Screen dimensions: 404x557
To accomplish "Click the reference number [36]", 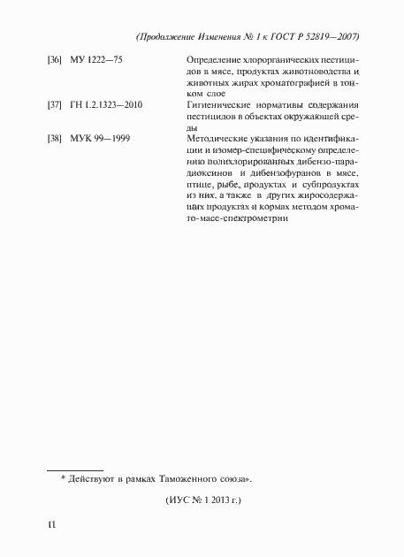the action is (x=53, y=60).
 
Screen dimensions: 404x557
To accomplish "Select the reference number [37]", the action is (x=53, y=105).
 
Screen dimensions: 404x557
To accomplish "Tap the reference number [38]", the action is (x=53, y=139).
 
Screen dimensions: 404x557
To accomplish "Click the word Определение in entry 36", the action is (x=216, y=60).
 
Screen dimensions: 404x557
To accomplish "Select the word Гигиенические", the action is (x=221, y=105).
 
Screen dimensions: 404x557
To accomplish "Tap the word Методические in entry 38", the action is (x=220, y=139).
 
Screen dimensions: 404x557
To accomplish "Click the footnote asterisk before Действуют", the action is (x=64, y=478).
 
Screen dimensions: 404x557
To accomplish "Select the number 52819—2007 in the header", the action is (x=339, y=36).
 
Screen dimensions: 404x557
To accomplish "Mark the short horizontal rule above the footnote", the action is (x=74, y=469).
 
